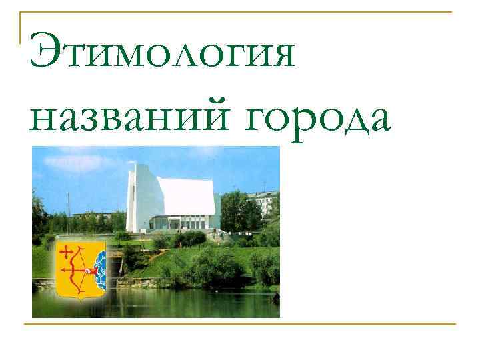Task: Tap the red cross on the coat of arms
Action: coord(67,252)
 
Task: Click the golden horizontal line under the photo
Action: coord(240,324)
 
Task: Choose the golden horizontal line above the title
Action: coord(240,12)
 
